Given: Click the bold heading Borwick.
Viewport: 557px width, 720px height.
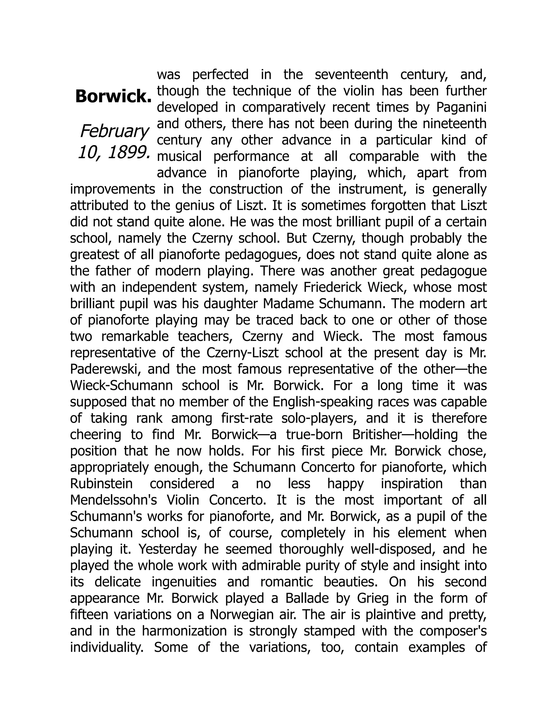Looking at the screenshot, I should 113,97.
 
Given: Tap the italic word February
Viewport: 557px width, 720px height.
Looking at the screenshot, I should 114,132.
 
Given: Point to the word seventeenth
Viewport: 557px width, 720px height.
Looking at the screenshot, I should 351,74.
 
